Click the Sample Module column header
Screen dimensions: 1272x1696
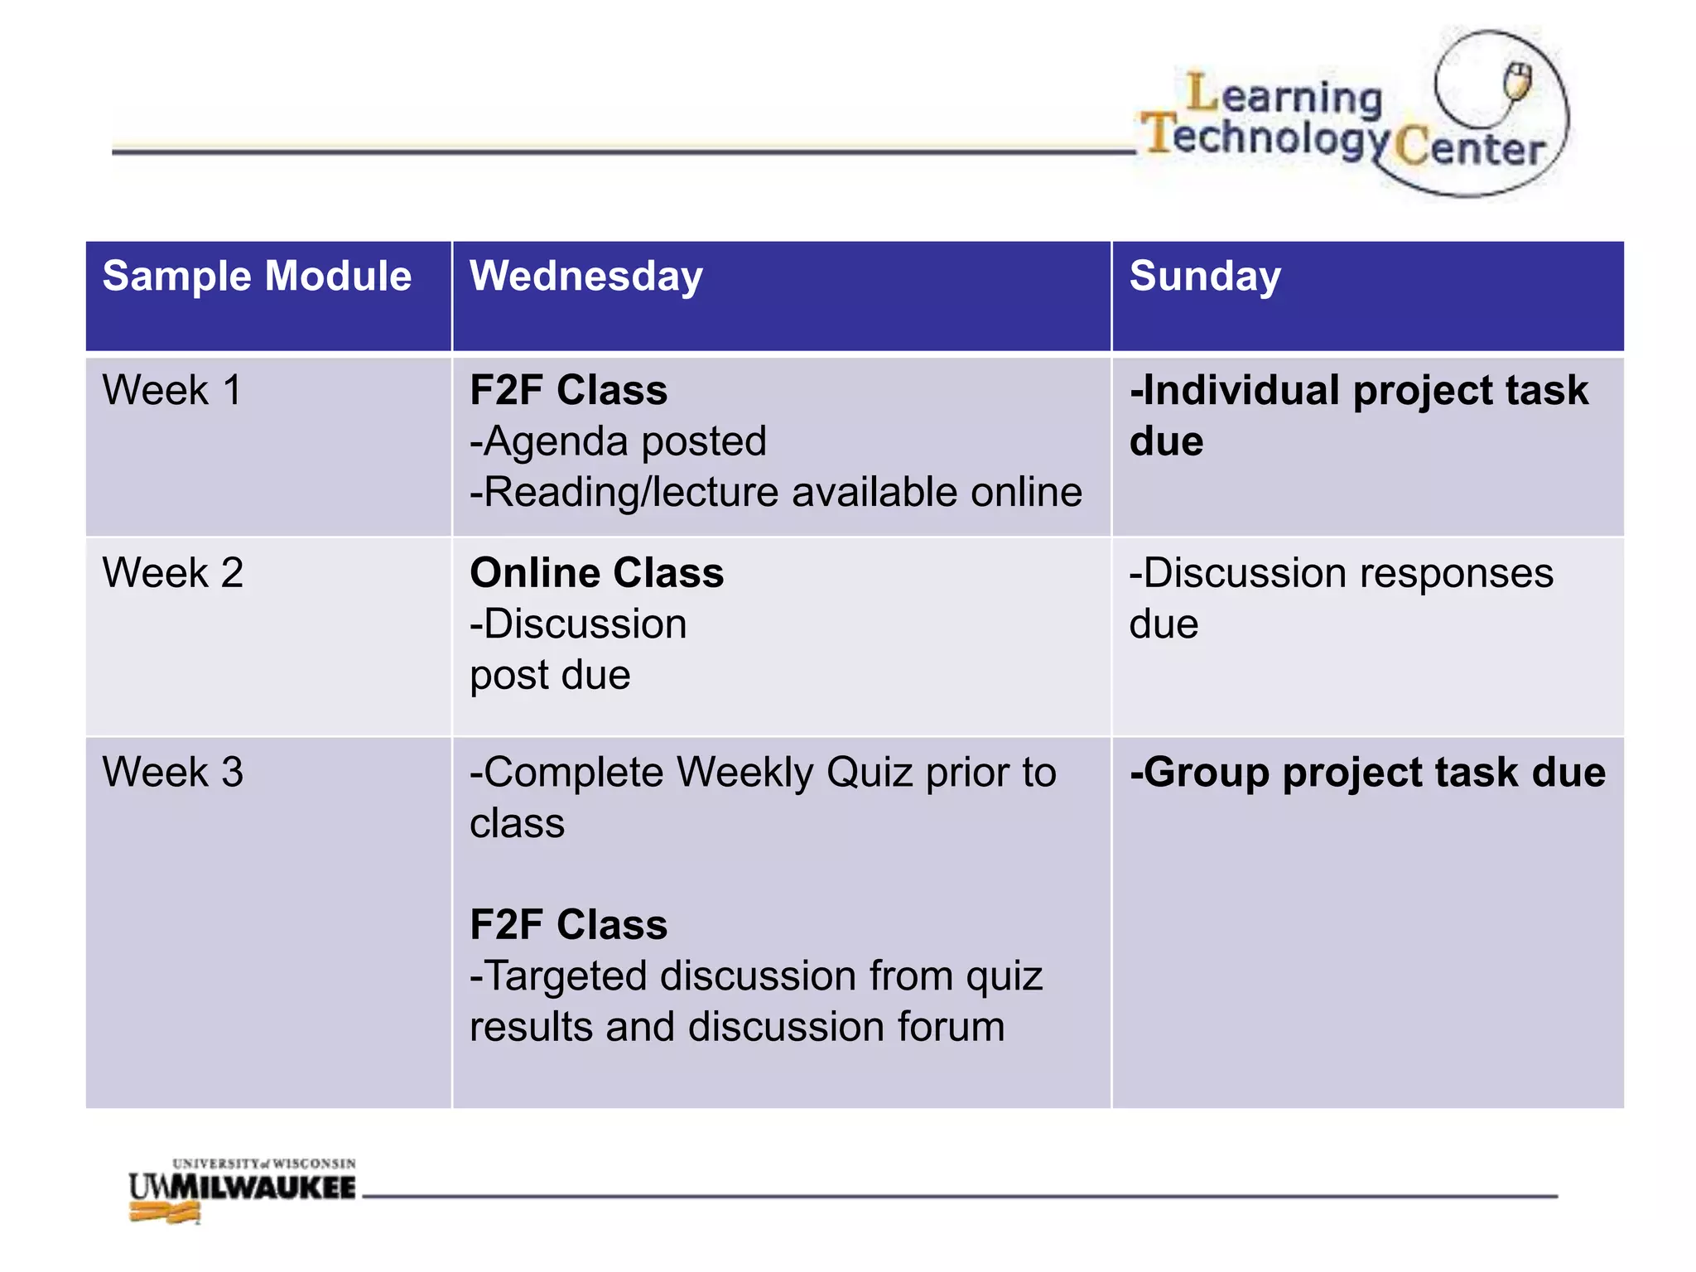pos(257,276)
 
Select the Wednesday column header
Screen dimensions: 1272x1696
pos(585,276)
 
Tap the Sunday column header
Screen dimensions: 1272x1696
pos(1205,276)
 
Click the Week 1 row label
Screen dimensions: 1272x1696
pos(171,390)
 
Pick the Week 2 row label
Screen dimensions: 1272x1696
pos(172,573)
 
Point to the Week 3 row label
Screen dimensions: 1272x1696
pos(172,773)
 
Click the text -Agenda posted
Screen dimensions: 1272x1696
pos(618,441)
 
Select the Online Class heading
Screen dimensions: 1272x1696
pos(596,573)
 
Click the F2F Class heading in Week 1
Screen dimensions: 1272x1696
pos(568,390)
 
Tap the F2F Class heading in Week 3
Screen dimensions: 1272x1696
pos(568,925)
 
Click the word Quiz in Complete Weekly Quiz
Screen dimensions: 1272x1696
pos(870,773)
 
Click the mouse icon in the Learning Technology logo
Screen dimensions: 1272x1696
pos(1517,83)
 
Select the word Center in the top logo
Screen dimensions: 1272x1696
pos(1470,147)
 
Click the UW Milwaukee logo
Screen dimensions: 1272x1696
pos(242,1189)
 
